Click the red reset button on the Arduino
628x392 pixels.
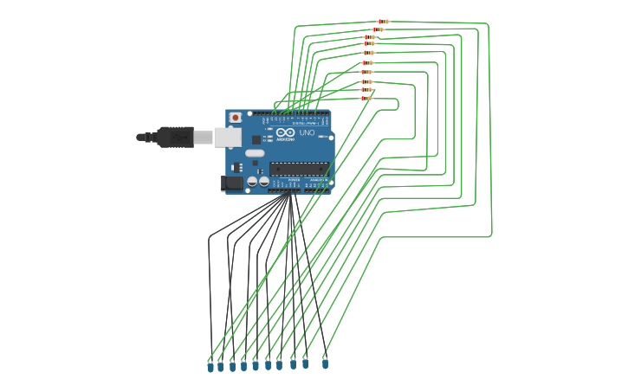click(235, 117)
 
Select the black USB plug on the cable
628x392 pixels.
click(174, 137)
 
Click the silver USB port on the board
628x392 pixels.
click(226, 137)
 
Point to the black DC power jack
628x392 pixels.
click(231, 183)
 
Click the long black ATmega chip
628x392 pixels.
click(299, 169)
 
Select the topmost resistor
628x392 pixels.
click(383, 22)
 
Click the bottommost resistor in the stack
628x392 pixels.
click(366, 98)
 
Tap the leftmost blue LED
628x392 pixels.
click(210, 367)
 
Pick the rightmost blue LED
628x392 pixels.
click(325, 363)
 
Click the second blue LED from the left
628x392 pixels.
click(221, 367)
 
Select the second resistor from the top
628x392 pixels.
click(377, 29)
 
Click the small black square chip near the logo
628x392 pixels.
click(256, 139)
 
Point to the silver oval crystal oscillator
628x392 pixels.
click(255, 153)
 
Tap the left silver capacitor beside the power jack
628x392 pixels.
click(252, 182)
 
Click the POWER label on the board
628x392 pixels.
click(282, 180)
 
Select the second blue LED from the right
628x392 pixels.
click(305, 363)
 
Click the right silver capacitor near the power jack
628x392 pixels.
click(263, 182)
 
